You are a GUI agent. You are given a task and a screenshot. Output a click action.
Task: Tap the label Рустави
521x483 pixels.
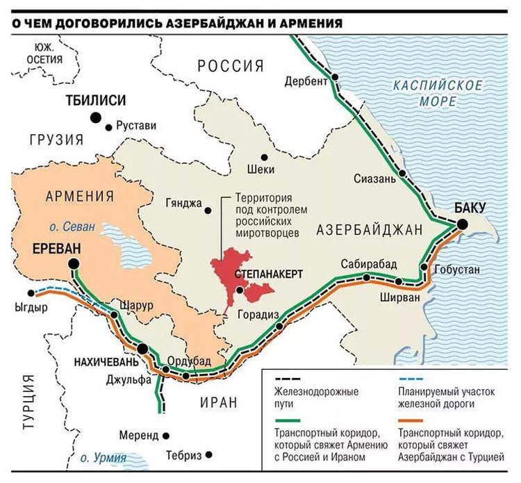click(136, 126)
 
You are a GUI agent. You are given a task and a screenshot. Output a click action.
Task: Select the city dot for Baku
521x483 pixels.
click(461, 223)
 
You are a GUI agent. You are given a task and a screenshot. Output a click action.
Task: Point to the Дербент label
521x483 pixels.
click(306, 82)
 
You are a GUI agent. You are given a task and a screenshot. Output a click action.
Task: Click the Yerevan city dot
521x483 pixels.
click(74, 264)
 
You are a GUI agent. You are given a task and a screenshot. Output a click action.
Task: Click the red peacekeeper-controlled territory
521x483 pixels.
click(229, 271)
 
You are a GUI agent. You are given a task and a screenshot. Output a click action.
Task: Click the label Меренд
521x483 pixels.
click(138, 436)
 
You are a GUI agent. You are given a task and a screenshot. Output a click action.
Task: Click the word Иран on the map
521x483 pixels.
click(219, 402)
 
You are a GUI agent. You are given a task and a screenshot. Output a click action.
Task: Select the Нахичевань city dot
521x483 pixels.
click(142, 349)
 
